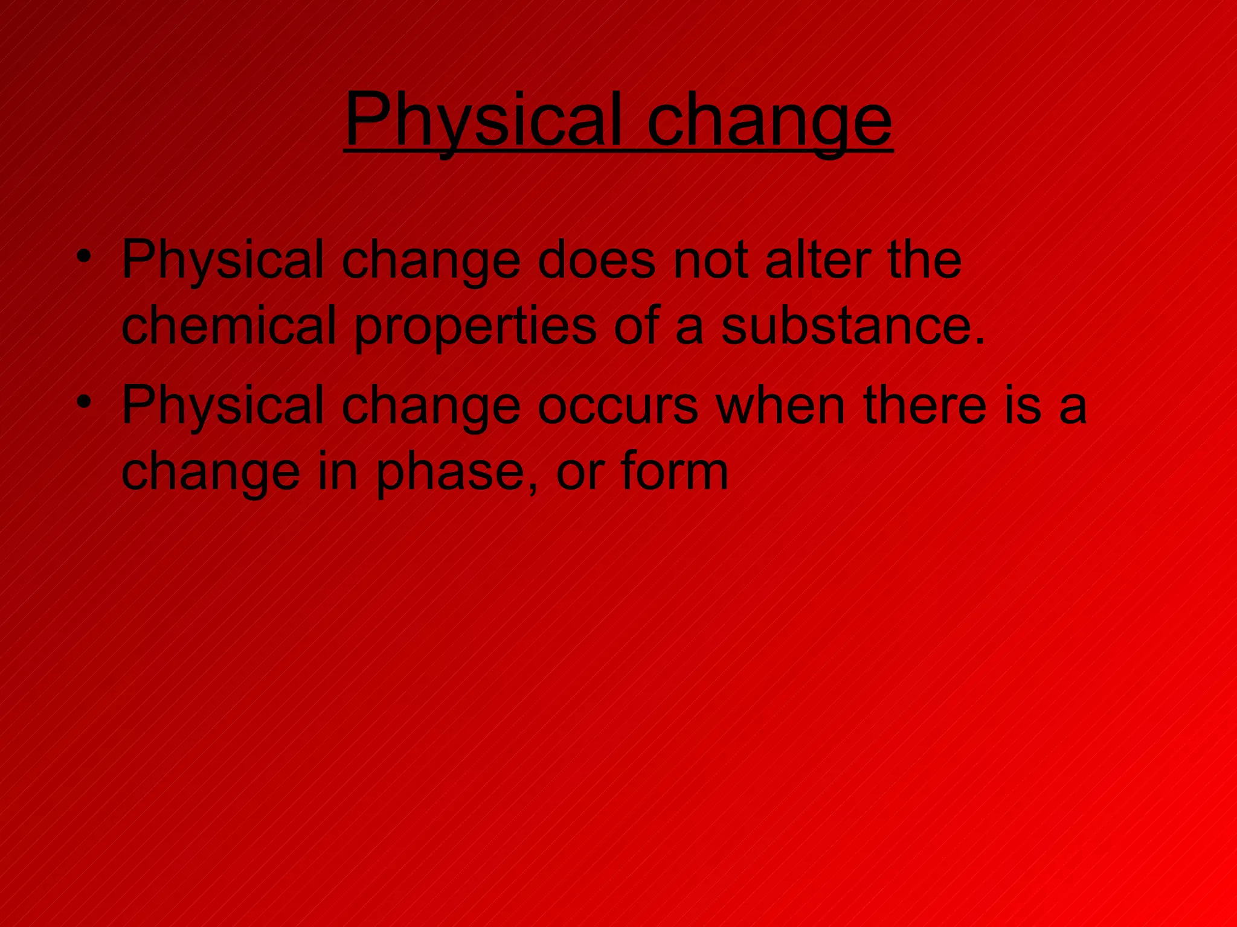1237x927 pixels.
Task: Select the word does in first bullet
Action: point(596,261)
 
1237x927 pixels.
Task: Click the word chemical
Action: point(228,326)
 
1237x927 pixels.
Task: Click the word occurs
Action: point(617,406)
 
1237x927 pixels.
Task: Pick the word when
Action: point(780,406)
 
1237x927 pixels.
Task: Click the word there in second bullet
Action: point(925,406)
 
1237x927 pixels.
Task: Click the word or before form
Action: point(579,473)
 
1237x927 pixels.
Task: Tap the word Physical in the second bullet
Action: point(223,406)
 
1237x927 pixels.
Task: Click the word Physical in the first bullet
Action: point(223,261)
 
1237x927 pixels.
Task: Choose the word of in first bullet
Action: point(636,326)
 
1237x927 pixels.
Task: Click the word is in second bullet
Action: point(1023,406)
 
